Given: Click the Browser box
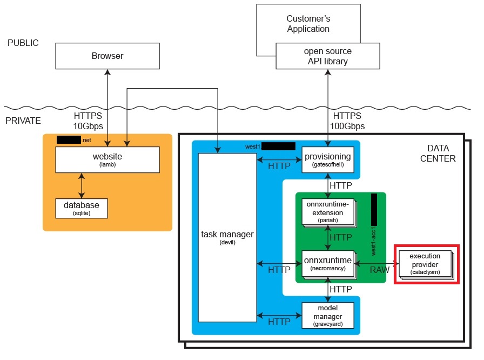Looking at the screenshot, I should [107, 56].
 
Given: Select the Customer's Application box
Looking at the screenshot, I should [308, 24].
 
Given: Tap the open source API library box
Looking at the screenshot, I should [327, 56].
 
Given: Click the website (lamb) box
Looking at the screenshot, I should [107, 159].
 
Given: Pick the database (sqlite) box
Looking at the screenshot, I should [82, 208].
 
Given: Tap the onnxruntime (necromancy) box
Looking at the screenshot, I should [327, 263].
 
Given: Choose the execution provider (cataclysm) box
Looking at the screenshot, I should [425, 263].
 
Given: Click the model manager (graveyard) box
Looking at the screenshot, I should [327, 315].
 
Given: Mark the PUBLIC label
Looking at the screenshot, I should [23, 43].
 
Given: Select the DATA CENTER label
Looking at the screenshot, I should [441, 153].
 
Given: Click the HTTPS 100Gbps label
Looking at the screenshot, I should [349, 121].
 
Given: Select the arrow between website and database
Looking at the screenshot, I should [82, 185].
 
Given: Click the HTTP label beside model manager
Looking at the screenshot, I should [279, 321].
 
